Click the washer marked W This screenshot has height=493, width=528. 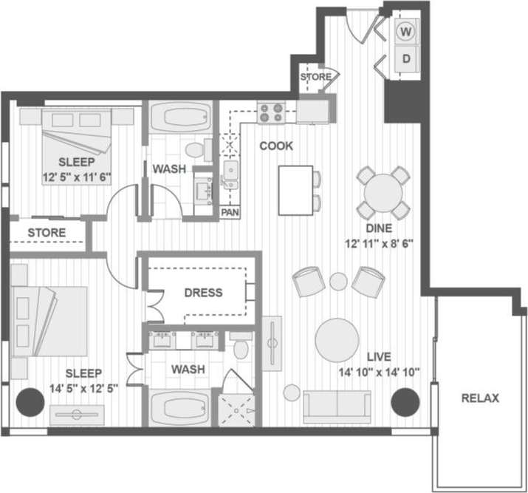click(406, 33)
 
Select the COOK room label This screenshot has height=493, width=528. click(275, 146)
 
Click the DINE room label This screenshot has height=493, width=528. click(383, 228)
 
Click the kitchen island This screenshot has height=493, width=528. click(295, 188)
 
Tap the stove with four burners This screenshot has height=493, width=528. click(271, 112)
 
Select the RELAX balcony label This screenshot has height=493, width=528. click(480, 398)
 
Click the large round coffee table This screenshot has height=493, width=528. click(337, 340)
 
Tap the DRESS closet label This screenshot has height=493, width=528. click(204, 293)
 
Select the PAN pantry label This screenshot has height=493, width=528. click(229, 212)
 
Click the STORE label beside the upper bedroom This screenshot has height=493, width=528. click(47, 234)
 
